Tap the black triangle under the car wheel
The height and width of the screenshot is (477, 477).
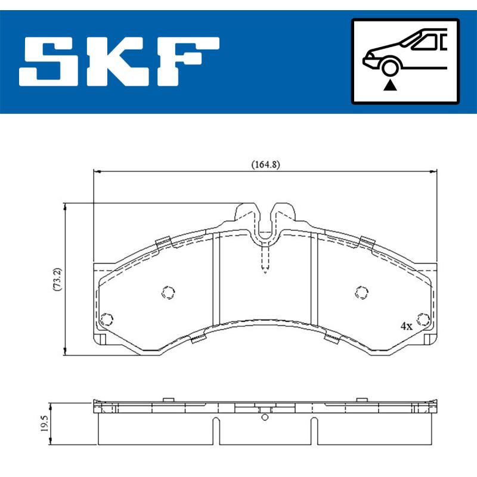(x=390, y=86)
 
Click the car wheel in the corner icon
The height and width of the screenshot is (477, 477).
(x=390, y=68)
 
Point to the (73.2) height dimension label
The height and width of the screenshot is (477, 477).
(x=56, y=278)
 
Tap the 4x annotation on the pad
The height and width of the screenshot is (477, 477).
(x=406, y=326)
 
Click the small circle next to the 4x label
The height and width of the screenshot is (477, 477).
(x=424, y=319)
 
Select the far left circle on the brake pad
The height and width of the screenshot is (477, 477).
(x=107, y=318)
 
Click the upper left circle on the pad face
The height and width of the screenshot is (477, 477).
(x=169, y=292)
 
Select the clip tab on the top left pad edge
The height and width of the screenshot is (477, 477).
(x=163, y=242)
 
